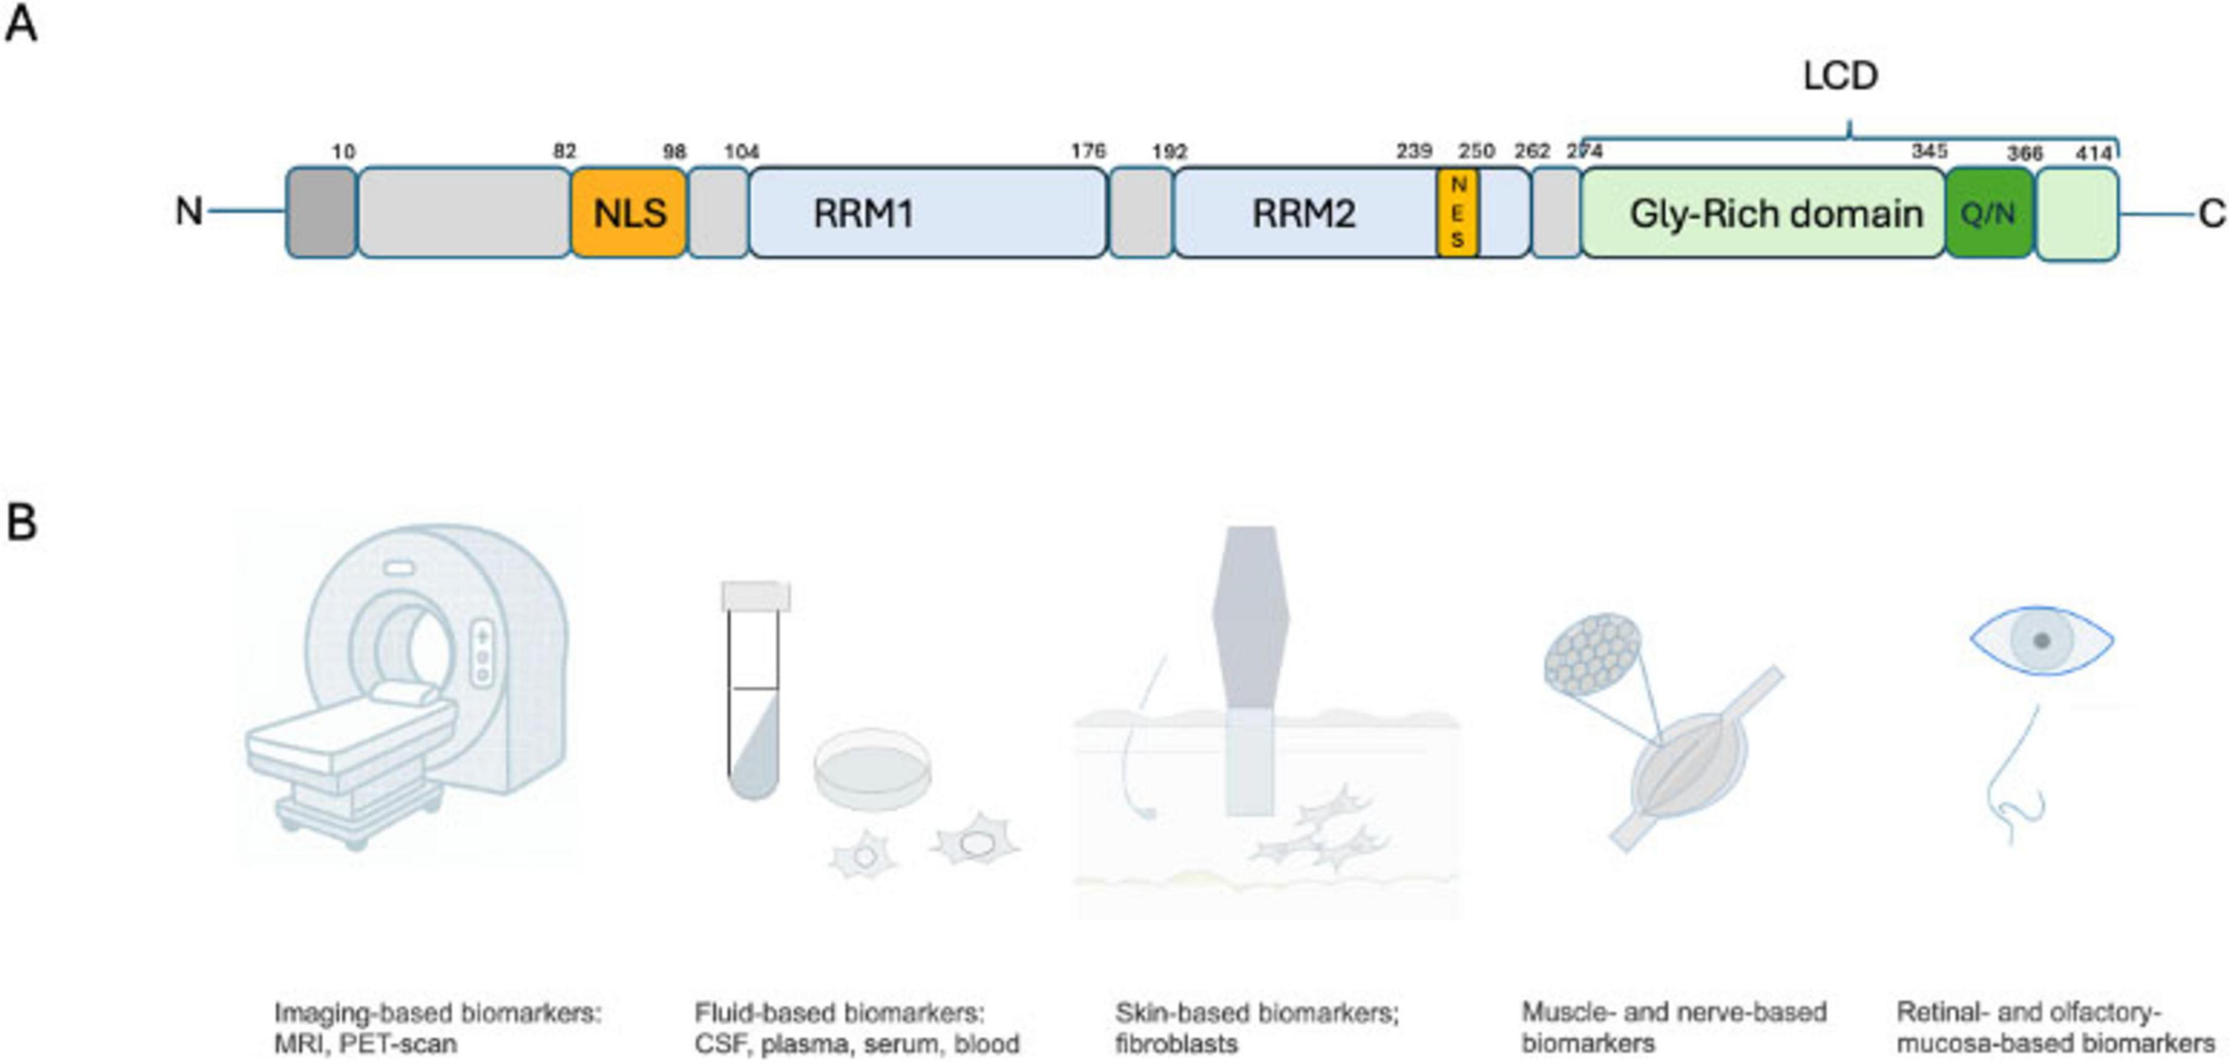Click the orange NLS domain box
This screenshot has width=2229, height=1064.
click(x=629, y=213)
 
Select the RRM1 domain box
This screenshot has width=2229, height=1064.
click(x=927, y=213)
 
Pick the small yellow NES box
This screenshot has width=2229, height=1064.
click(x=1458, y=213)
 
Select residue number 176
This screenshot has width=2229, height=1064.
click(x=1088, y=151)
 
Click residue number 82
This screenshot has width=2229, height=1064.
click(x=564, y=151)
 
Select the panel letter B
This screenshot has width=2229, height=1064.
click(x=22, y=523)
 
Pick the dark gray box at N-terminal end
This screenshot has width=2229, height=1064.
click(x=321, y=213)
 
